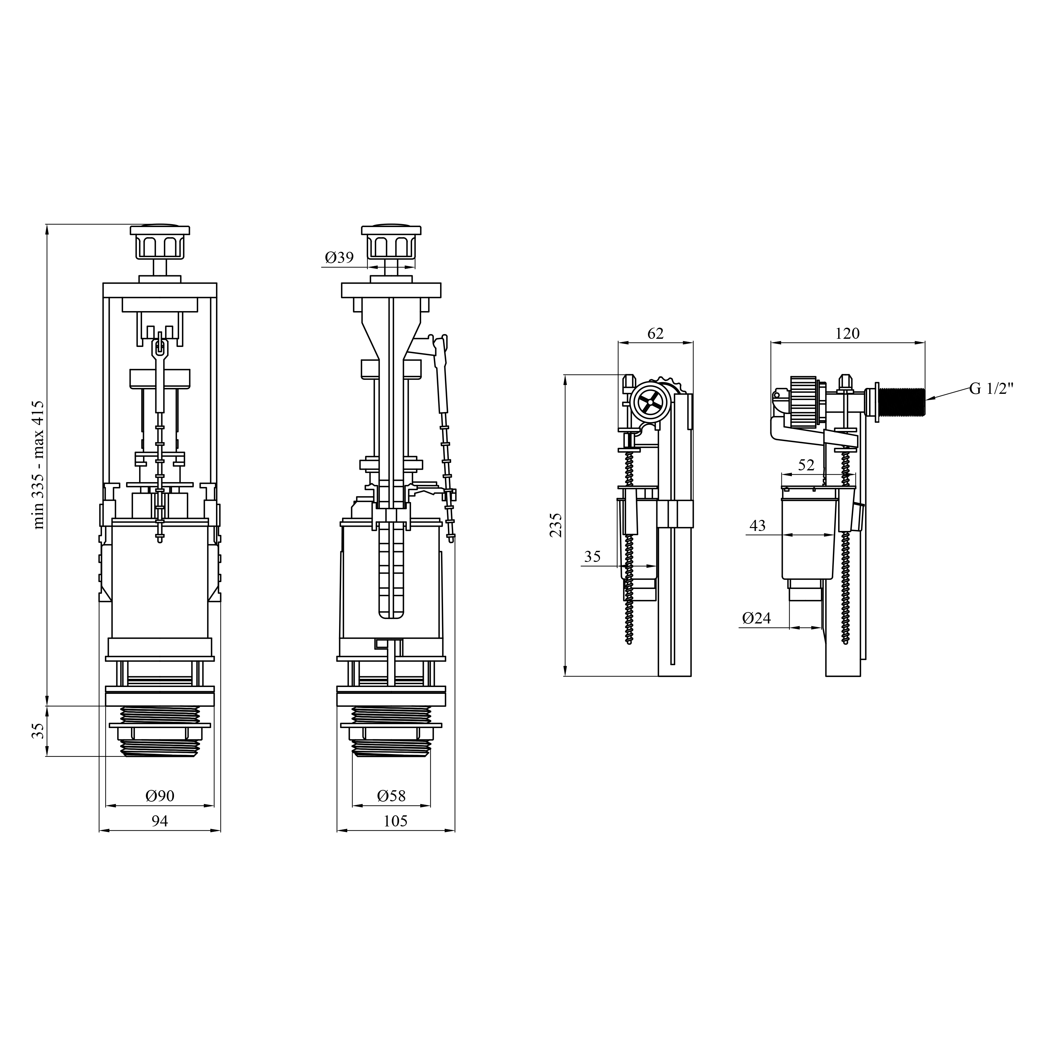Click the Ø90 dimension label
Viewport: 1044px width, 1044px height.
click(x=160, y=796)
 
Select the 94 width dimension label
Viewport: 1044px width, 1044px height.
click(x=159, y=822)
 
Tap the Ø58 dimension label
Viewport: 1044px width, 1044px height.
click(x=391, y=796)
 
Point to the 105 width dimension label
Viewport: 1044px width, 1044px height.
click(x=395, y=822)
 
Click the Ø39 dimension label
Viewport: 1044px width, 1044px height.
click(x=339, y=258)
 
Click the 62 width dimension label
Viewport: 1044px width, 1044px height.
click(x=655, y=334)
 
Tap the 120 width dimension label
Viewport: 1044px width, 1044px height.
click(x=847, y=334)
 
